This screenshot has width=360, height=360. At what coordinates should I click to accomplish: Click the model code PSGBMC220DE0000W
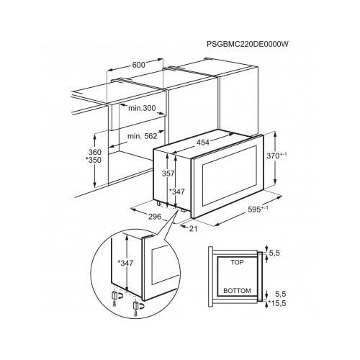[248, 44]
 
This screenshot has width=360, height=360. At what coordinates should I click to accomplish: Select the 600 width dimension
[139, 65]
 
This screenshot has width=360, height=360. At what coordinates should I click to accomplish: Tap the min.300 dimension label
[142, 108]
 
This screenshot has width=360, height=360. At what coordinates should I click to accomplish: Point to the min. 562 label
[142, 136]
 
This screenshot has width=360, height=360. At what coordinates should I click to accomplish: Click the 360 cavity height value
[95, 152]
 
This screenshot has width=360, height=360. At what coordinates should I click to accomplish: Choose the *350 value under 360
[94, 160]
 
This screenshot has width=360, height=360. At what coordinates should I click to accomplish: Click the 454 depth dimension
[203, 143]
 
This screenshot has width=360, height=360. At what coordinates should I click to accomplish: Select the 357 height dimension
[168, 173]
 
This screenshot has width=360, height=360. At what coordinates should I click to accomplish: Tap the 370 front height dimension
[276, 156]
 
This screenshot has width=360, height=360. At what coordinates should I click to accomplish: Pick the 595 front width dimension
[258, 210]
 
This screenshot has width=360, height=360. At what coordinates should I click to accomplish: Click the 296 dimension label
[155, 217]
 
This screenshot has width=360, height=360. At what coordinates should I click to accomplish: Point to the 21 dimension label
[193, 228]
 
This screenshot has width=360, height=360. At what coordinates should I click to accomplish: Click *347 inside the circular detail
[125, 263]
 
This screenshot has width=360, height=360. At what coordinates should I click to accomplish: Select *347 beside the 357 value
[177, 192]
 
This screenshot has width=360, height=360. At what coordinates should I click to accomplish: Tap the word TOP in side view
[237, 262]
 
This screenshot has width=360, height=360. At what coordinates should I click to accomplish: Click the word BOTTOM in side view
[237, 291]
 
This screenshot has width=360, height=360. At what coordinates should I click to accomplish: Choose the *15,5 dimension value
[277, 303]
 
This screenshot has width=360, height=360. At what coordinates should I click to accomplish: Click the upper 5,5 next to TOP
[274, 253]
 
